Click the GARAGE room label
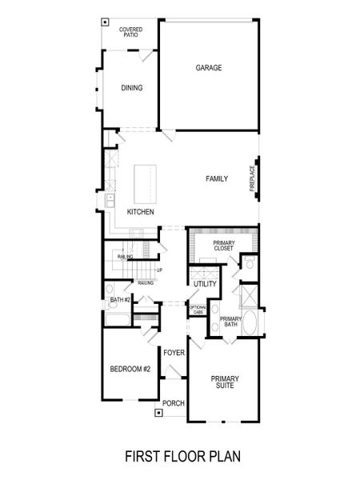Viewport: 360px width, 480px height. coord(209,68)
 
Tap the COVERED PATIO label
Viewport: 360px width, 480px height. coord(131,32)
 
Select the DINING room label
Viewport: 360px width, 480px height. coord(132,88)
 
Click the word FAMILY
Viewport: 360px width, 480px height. coord(217,179)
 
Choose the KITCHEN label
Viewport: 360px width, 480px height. coord(141,211)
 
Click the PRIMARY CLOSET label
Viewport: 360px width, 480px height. coord(223,246)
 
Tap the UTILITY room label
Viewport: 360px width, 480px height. coord(205,284)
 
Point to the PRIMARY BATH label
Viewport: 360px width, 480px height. coord(231,322)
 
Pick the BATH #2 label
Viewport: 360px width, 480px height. coord(121,300)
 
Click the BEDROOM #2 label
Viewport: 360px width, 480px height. coord(130,369)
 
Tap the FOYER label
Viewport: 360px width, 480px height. coord(174,353)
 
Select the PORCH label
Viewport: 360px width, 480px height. coord(174,403)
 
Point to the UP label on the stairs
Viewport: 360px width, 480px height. coord(159,270)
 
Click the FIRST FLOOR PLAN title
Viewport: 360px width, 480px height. coord(182,457)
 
